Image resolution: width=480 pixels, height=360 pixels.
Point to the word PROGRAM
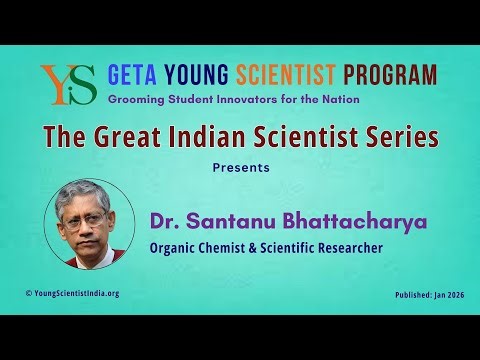point(390,75)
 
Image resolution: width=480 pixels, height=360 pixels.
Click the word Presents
point(240,167)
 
